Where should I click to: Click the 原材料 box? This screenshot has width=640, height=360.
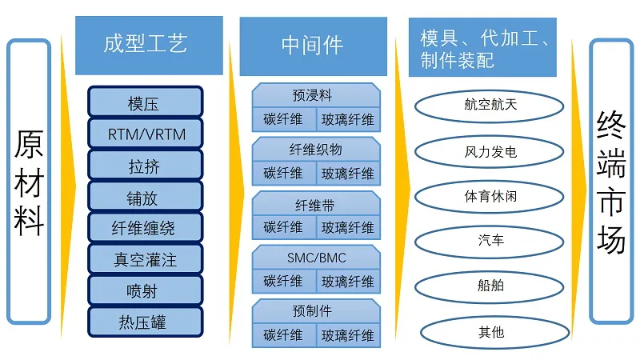tap(29, 182)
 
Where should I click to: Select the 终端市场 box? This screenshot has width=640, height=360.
tap(611, 182)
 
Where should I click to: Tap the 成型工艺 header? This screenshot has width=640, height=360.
tap(146, 44)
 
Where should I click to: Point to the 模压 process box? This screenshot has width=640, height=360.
tap(145, 103)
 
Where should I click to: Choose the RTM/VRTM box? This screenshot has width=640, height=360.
tap(145, 134)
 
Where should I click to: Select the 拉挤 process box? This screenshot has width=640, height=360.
tap(145, 166)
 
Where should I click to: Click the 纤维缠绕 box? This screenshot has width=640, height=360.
tap(145, 228)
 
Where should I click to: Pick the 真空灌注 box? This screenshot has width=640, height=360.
tap(145, 259)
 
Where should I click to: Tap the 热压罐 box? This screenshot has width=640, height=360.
tap(145, 322)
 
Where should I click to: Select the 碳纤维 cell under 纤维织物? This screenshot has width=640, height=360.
tap(283, 174)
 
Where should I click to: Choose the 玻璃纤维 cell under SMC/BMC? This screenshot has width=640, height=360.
tap(348, 282)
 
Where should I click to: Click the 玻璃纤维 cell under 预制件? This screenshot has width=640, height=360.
tap(348, 335)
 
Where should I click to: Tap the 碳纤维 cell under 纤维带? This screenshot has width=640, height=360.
tap(283, 227)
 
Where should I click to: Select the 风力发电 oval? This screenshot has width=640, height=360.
tap(490, 150)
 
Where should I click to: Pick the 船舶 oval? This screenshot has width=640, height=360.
tap(490, 285)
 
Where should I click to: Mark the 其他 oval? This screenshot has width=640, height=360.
tap(490, 331)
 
